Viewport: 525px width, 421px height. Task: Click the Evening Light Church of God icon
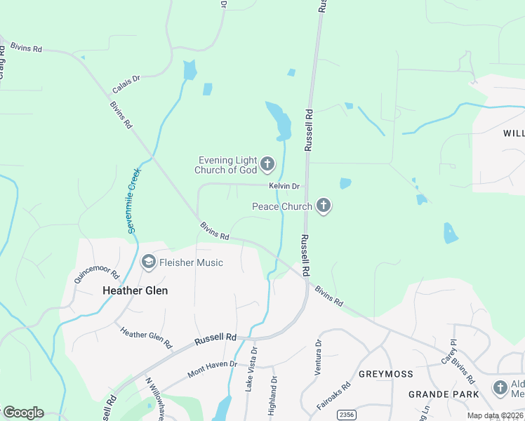pyautogui.click(x=267, y=165)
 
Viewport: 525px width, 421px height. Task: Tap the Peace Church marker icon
pyautogui.click(x=323, y=206)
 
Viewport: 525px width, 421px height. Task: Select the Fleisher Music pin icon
pyautogui.click(x=148, y=262)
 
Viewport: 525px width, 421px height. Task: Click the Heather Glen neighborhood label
pyautogui.click(x=135, y=290)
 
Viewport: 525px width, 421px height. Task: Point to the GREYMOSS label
pyautogui.click(x=385, y=374)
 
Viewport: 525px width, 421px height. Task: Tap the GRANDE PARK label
pyautogui.click(x=439, y=394)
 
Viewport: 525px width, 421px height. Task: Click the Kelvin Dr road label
pyautogui.click(x=284, y=186)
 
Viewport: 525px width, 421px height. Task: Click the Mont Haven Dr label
pyautogui.click(x=213, y=369)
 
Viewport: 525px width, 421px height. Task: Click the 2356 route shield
pyautogui.click(x=345, y=415)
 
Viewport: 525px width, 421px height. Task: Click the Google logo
pyautogui.click(x=22, y=413)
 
